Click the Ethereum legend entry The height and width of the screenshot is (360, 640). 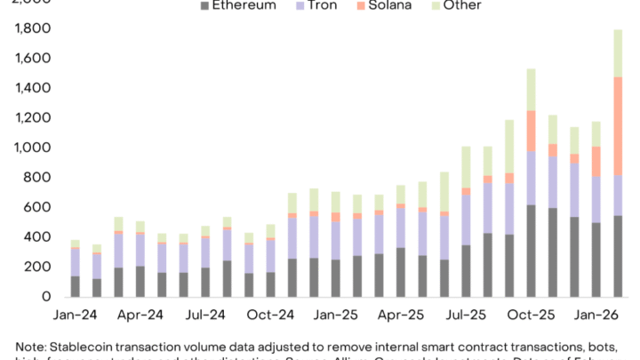click(x=244, y=6)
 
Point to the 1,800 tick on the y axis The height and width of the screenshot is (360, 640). click(x=33, y=29)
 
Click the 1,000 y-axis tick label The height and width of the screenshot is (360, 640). click(x=33, y=148)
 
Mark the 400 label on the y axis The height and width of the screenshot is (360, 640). click(x=38, y=236)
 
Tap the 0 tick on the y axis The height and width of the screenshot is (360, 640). click(x=46, y=296)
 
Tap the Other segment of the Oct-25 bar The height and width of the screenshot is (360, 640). click(x=531, y=90)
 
